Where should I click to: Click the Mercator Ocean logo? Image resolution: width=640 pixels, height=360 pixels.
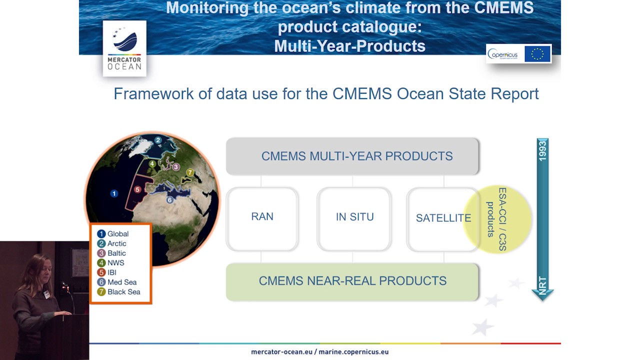click(124, 48)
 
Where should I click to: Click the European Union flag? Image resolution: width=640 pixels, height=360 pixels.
click(537, 54)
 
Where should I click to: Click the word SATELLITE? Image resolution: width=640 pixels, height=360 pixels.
click(443, 218)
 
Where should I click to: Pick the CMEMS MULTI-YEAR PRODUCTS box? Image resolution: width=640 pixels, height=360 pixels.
click(352, 156)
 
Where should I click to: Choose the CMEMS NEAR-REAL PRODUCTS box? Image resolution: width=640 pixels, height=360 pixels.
click(352, 281)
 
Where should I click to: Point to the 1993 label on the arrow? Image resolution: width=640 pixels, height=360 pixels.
click(542, 150)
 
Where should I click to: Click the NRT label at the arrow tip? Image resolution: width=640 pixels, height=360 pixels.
click(542, 285)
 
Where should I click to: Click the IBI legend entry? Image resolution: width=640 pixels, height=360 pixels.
click(107, 272)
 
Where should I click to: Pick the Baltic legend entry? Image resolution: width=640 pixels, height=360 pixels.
click(112, 253)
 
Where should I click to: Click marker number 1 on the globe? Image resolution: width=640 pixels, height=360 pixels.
click(114, 193)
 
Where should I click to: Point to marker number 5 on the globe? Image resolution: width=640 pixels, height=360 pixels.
click(137, 189)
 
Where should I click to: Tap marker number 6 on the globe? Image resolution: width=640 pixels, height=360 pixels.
click(169, 199)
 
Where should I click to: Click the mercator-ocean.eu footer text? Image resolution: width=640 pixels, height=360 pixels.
click(281, 352)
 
